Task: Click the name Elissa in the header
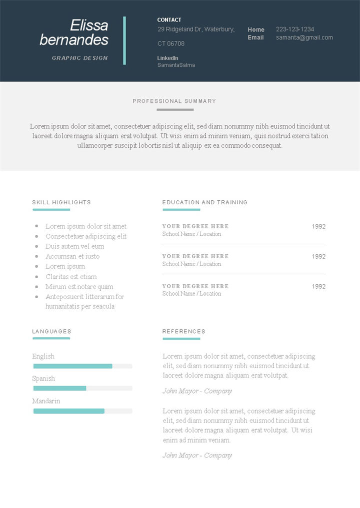tap(89, 25)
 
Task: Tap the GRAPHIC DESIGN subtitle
tap(80, 58)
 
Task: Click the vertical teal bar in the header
tap(124, 40)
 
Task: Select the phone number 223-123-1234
tap(295, 29)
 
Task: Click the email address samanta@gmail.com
tap(304, 37)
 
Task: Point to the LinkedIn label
tap(167, 58)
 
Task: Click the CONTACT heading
tap(169, 20)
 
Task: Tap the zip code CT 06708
tap(171, 43)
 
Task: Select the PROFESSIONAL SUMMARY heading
tap(174, 101)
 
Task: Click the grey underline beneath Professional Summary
tap(174, 109)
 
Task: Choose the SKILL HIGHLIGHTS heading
tap(61, 202)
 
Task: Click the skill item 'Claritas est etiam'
tap(71, 277)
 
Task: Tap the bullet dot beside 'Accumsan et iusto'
tap(36, 256)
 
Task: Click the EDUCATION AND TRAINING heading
tap(205, 202)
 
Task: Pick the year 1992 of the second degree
tap(318, 256)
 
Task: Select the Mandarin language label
tap(46, 401)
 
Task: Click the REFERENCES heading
tap(183, 331)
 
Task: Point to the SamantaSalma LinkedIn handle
tap(176, 65)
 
